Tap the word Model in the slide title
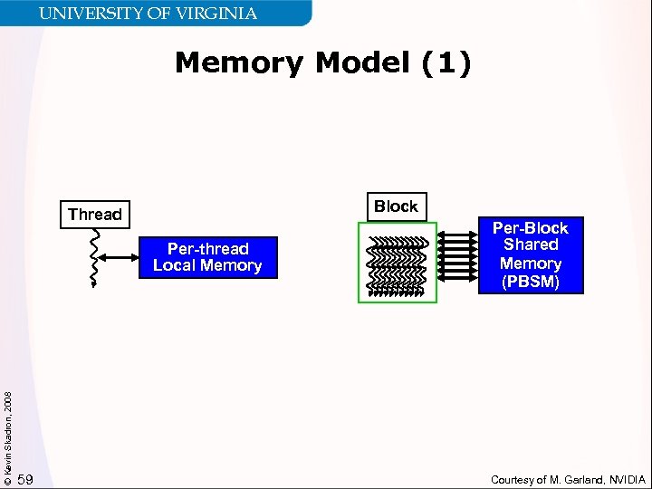(x=366, y=63)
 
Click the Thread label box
(x=94, y=215)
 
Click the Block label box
(x=396, y=206)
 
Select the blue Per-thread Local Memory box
(x=207, y=257)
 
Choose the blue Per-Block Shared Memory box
(x=531, y=255)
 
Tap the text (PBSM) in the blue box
(x=531, y=283)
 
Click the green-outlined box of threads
(x=397, y=263)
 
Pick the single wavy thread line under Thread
(x=94, y=257)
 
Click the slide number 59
(x=25, y=479)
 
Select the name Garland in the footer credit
(x=578, y=479)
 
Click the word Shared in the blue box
(x=531, y=245)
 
